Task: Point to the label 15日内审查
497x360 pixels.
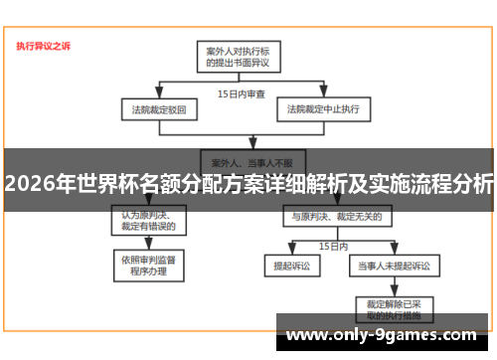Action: tap(242, 93)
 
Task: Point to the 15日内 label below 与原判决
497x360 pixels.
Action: tap(331, 245)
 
